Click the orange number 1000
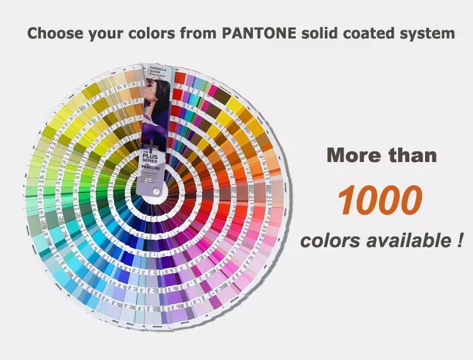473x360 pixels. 379,200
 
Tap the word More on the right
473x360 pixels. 354,155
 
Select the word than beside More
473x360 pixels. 413,155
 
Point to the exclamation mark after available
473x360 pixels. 460,240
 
